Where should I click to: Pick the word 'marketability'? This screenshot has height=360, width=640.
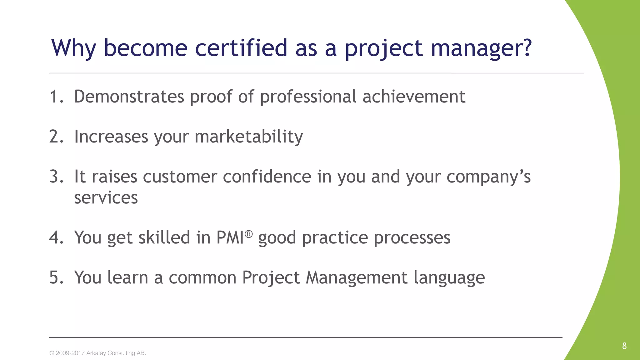249,137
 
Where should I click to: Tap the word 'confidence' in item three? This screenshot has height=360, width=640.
267,177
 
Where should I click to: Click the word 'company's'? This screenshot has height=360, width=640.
488,177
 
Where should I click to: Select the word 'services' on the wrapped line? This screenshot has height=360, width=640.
106,197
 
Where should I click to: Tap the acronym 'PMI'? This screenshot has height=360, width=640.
230,237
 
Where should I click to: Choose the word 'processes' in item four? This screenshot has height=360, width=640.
412,237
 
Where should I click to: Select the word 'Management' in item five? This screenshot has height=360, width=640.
357,277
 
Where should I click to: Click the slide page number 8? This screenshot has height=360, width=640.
624,346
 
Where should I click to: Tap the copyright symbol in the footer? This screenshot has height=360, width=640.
52,353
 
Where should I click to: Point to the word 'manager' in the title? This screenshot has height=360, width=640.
474,48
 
